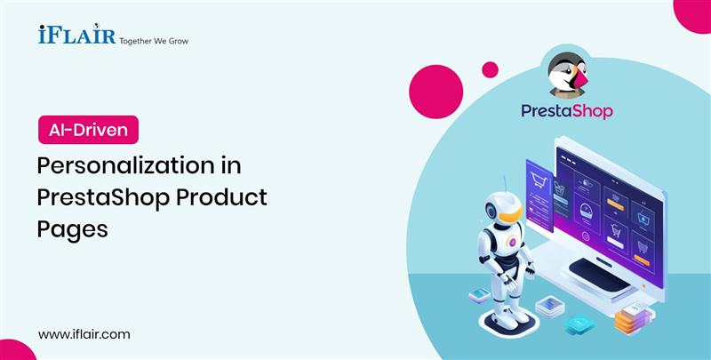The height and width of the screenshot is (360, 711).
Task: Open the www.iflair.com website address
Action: click(84, 333)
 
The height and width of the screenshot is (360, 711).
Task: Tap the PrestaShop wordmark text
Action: click(567, 112)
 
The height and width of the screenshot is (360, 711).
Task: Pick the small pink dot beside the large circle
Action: click(490, 68)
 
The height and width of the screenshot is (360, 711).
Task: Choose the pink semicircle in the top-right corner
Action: click(693, 11)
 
